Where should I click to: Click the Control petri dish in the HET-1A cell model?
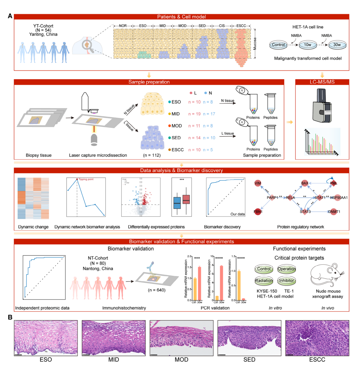(x=278, y=45)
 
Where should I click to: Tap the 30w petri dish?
(x=337, y=45)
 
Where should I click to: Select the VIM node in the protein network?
(x=258, y=183)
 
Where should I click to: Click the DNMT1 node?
(x=334, y=211)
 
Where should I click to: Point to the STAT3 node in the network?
(x=305, y=211)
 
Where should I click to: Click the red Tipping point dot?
(x=77, y=179)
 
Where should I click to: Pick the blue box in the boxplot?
(x=177, y=203)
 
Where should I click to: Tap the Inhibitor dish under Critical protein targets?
(x=287, y=281)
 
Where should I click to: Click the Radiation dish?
(x=264, y=281)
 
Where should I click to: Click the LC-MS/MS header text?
(x=322, y=82)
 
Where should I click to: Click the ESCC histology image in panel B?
(x=317, y=338)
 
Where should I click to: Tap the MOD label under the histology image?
(x=181, y=360)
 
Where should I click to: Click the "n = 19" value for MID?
(x=194, y=114)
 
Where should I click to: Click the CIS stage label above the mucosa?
(x=222, y=26)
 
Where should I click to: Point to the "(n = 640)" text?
(x=157, y=290)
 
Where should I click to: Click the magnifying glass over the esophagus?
(x=87, y=45)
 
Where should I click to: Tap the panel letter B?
(x=10, y=317)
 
